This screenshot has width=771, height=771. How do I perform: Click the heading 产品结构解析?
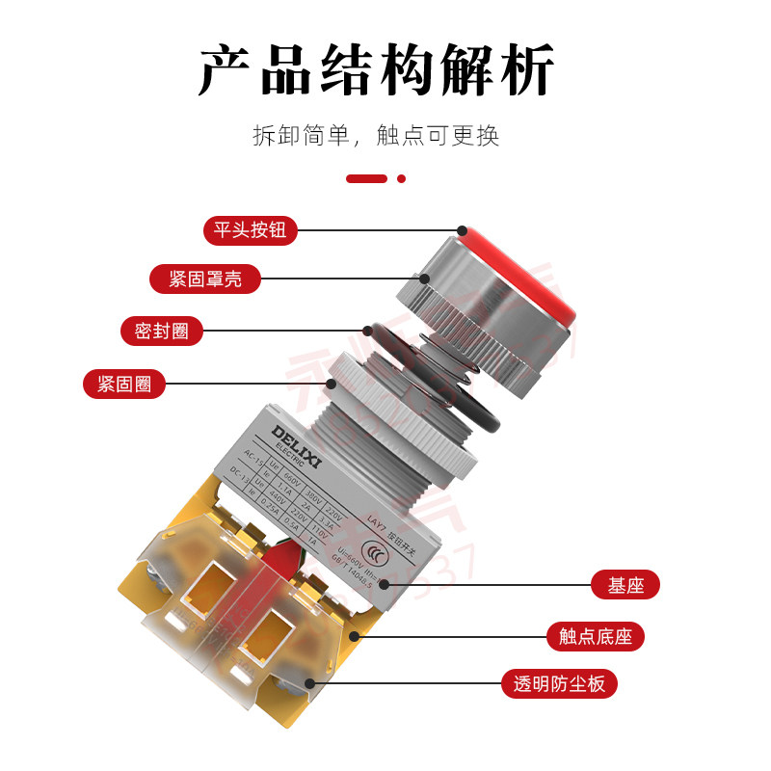[x=376, y=69]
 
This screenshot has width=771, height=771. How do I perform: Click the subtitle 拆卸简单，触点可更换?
[x=376, y=135]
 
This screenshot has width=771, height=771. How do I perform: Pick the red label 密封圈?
[x=162, y=331]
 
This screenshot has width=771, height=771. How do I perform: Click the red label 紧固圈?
[x=124, y=384]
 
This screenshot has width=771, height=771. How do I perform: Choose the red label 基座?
[x=625, y=584]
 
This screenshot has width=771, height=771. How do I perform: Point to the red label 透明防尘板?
[x=559, y=684]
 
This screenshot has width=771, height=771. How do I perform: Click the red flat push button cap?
[x=525, y=270]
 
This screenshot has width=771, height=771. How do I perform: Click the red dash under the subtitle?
[x=366, y=178]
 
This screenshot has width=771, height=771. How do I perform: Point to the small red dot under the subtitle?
[x=402, y=178]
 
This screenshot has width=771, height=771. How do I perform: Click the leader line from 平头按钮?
[x=376, y=230]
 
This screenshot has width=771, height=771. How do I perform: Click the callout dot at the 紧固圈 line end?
[x=332, y=384]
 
